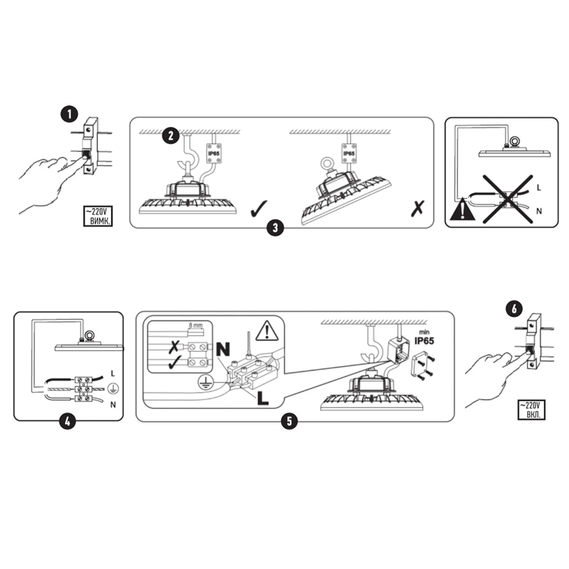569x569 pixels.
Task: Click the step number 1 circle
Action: [69, 114]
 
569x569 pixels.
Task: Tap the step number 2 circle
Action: [171, 136]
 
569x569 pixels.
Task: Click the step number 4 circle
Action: [68, 421]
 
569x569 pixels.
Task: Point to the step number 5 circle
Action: [289, 421]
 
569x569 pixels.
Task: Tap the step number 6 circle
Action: [514, 309]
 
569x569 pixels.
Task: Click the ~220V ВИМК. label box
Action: [98, 216]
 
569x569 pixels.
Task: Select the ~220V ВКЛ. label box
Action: [531, 410]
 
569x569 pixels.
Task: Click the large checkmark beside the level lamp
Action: [259, 208]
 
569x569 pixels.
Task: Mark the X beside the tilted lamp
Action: [418, 208]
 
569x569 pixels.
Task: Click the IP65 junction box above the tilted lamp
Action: [349, 154]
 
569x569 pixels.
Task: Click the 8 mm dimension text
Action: [196, 325]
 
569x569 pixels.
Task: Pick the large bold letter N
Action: [223, 349]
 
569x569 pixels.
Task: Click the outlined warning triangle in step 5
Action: [267, 330]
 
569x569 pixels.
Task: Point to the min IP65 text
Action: [424, 338]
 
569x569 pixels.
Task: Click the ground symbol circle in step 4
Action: [113, 389]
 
